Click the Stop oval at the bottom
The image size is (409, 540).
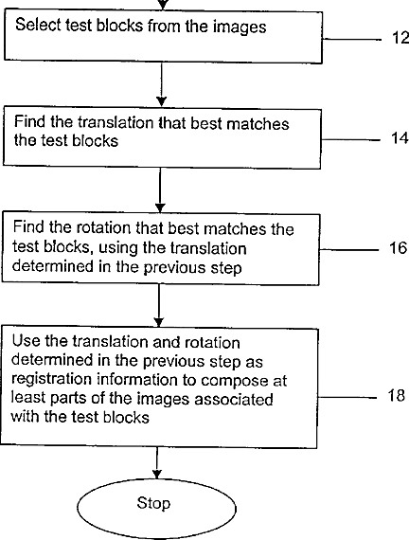156,508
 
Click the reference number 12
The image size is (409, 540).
400,38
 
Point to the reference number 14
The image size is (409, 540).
400,138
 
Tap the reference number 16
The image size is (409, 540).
398,247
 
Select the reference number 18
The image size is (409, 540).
397,395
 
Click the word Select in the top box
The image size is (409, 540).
38,26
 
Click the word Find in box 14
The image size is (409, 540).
29,121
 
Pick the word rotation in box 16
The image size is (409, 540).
103,227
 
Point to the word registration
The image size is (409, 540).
52,380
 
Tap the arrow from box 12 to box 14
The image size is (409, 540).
161,84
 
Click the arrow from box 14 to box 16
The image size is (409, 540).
160,190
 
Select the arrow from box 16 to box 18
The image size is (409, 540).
159,305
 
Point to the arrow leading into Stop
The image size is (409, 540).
157,463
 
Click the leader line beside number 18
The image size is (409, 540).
347,397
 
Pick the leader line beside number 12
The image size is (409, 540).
352,39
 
